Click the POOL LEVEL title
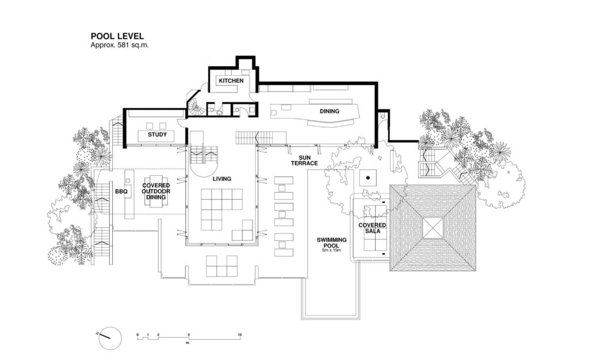(x=117, y=36)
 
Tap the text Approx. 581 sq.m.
(x=120, y=45)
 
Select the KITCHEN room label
(x=231, y=81)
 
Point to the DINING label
(x=330, y=111)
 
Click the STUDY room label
(x=157, y=135)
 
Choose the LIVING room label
(x=221, y=179)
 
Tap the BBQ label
(x=121, y=192)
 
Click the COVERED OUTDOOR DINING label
(x=156, y=191)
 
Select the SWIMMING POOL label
(x=331, y=243)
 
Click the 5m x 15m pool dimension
(x=331, y=250)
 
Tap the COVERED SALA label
(x=372, y=228)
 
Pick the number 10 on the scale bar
(x=239, y=335)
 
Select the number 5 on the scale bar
(x=189, y=335)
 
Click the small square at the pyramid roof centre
(x=433, y=228)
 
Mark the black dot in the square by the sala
(x=368, y=177)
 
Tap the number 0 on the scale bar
(x=137, y=335)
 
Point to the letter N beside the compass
(x=97, y=332)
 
